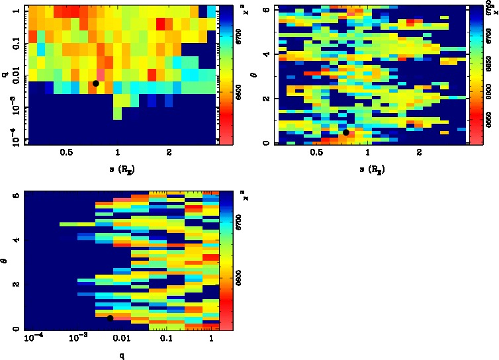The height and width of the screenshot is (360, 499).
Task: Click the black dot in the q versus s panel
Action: (x=96, y=83)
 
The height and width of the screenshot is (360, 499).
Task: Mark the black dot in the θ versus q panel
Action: (x=110, y=318)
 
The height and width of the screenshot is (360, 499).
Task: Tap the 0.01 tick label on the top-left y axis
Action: (x=12, y=77)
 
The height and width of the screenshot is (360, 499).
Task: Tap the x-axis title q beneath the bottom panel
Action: (x=121, y=355)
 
